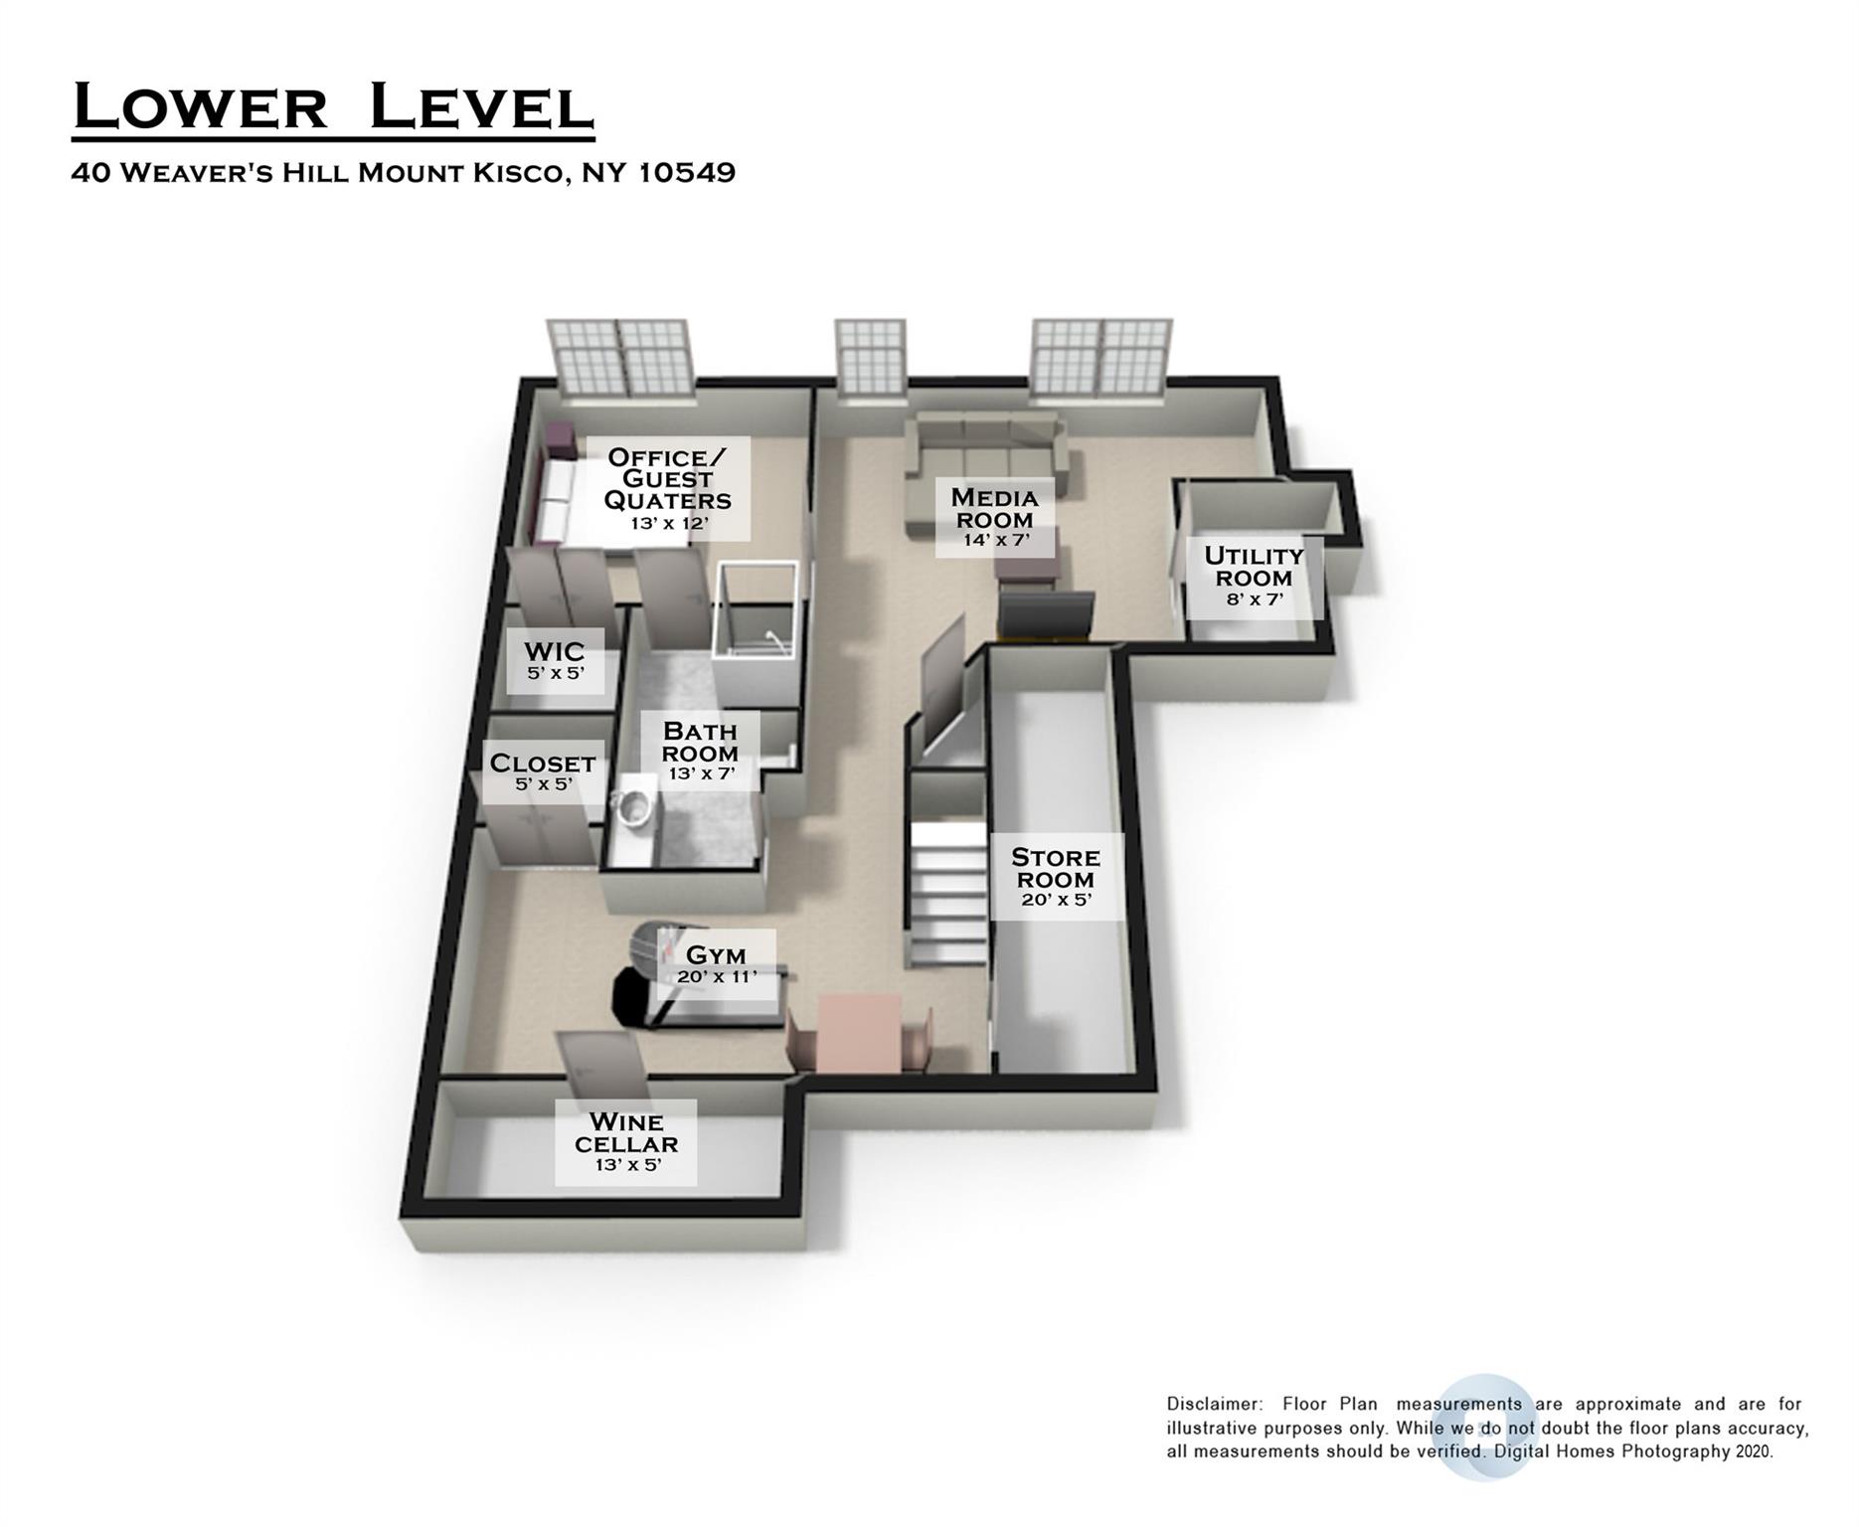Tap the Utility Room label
[1254, 576]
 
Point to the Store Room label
[1056, 876]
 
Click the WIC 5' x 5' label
[555, 660]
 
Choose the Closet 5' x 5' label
[542, 771]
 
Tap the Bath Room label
[700, 751]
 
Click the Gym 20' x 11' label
[716, 962]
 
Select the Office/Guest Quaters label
[667, 487]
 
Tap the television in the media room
[1046, 615]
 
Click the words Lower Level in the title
[333, 107]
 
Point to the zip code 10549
[686, 173]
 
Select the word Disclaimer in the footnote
[1213, 1405]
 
